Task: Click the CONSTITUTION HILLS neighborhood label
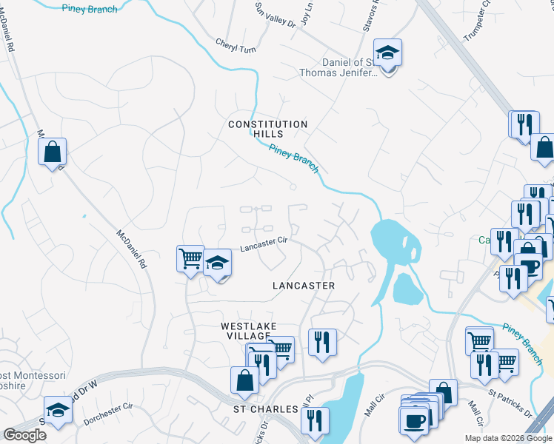point(267,129)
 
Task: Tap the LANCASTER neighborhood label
point(303,285)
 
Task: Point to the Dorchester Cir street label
point(107,406)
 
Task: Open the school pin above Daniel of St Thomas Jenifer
point(387,53)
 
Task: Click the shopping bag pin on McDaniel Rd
point(53,152)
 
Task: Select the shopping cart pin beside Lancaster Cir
point(190,259)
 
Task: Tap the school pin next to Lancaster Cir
point(217,263)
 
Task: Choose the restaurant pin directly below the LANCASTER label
point(322,343)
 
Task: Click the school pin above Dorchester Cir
point(58,410)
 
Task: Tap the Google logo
point(24,435)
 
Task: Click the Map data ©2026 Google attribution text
point(507,438)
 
